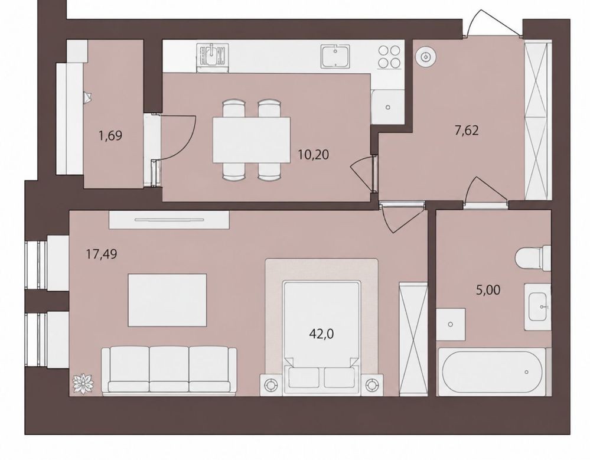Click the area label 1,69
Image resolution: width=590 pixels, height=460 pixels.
(110, 135)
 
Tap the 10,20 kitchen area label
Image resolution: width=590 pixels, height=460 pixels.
(314, 154)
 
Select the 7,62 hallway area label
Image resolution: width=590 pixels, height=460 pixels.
(466, 131)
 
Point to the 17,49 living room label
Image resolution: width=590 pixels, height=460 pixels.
(102, 255)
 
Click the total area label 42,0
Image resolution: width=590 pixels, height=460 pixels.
(321, 334)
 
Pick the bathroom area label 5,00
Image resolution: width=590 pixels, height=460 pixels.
(488, 290)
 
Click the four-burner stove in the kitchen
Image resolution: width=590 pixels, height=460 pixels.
(389, 57)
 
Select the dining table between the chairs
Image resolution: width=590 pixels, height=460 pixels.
(252, 140)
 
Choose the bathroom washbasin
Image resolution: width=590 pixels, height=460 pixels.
(537, 307)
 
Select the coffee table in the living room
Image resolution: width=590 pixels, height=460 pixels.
(167, 300)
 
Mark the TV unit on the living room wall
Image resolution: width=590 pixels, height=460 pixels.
(169, 219)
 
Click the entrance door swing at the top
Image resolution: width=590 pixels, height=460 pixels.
(493, 22)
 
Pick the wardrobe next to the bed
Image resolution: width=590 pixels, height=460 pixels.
(413, 338)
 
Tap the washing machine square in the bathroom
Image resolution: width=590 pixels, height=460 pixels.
(451, 324)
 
